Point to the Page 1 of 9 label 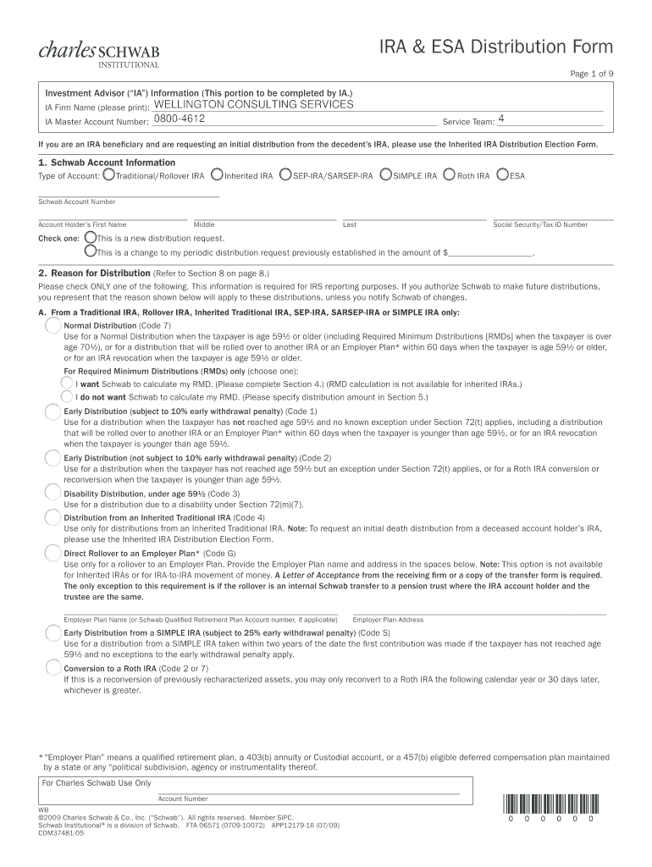point(591,74)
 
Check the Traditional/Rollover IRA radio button point(108,175)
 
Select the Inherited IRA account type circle point(218,175)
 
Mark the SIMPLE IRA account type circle point(386,175)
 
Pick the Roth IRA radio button point(450,175)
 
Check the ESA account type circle point(503,175)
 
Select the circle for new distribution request point(91,238)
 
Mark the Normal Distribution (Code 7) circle point(53,326)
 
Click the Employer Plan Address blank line point(478,611)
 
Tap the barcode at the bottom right point(550,803)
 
